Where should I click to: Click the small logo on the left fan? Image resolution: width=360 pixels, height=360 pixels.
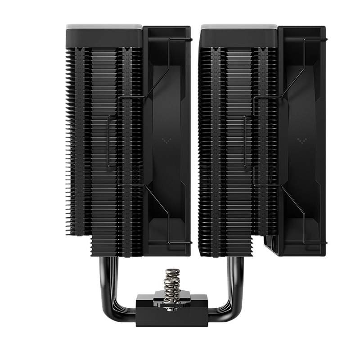tap(165, 140)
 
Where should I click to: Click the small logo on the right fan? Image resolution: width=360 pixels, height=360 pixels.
tap(300, 140)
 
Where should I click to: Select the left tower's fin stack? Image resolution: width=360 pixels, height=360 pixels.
tap(103, 135)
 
